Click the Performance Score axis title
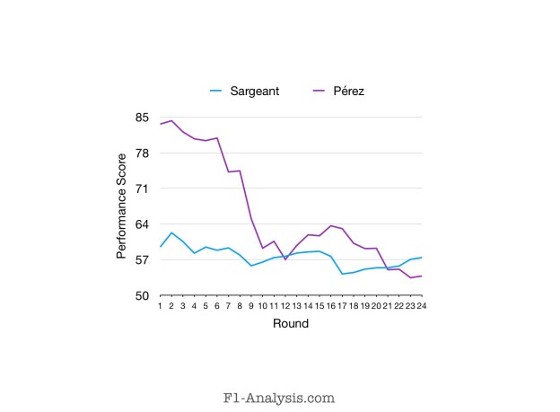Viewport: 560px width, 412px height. pyautogui.click(x=121, y=206)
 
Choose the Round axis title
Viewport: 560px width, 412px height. pyautogui.click(x=291, y=323)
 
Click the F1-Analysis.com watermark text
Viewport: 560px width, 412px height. pyautogui.click(x=279, y=395)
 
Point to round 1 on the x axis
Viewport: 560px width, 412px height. pyautogui.click(x=160, y=306)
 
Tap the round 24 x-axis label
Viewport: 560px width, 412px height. pyautogui.click(x=421, y=306)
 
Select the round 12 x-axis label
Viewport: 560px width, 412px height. pyautogui.click(x=284, y=306)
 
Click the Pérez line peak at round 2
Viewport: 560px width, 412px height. pyautogui.click(x=171, y=120)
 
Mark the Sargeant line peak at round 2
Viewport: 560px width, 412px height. pyautogui.click(x=171, y=233)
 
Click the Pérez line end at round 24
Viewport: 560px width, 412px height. pyautogui.click(x=421, y=276)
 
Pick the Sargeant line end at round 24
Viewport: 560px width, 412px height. pyautogui.click(x=421, y=258)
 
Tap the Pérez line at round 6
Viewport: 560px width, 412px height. pyautogui.click(x=216, y=138)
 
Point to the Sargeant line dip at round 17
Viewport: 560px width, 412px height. pyautogui.click(x=342, y=274)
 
